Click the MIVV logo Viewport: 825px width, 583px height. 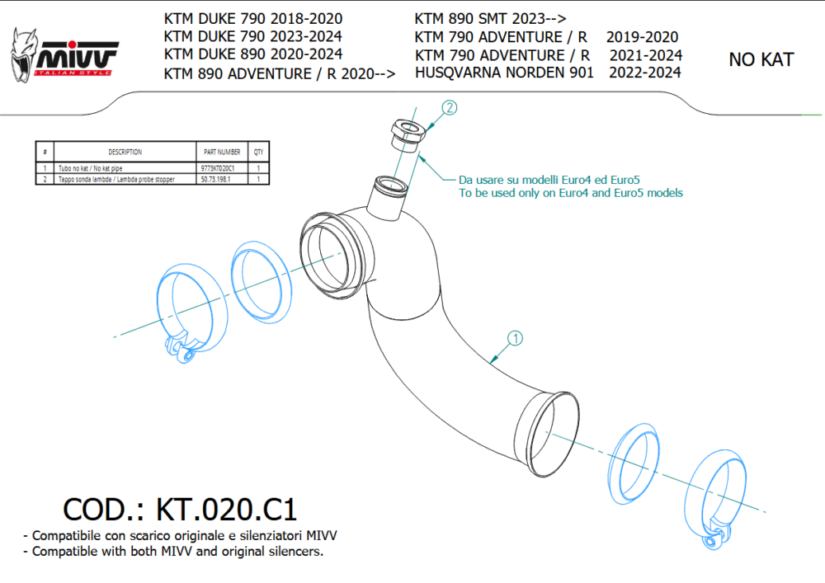pyautogui.click(x=64, y=55)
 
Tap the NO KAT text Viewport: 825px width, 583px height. pyautogui.click(x=761, y=59)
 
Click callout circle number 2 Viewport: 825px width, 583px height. pyautogui.click(x=449, y=108)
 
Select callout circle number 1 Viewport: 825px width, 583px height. pyautogui.click(x=515, y=338)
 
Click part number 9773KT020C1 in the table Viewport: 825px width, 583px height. pyautogui.click(x=217, y=168)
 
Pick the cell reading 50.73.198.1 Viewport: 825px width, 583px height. pyautogui.click(x=215, y=179)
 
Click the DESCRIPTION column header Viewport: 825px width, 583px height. pyautogui.click(x=125, y=152)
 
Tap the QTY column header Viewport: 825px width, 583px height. pyautogui.click(x=258, y=152)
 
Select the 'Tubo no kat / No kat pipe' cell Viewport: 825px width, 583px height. pyautogui.click(x=91, y=168)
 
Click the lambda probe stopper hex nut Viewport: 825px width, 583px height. pyautogui.click(x=408, y=133)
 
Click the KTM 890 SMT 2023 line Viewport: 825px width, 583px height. pyautogui.click(x=490, y=19)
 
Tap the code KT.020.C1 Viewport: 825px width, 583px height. pyautogui.click(x=226, y=510)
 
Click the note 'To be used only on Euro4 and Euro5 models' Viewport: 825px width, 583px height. pyautogui.click(x=570, y=193)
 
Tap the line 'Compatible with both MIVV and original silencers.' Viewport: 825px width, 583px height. pyautogui.click(x=173, y=552)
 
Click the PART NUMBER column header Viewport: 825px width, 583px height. pyautogui.click(x=222, y=152)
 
